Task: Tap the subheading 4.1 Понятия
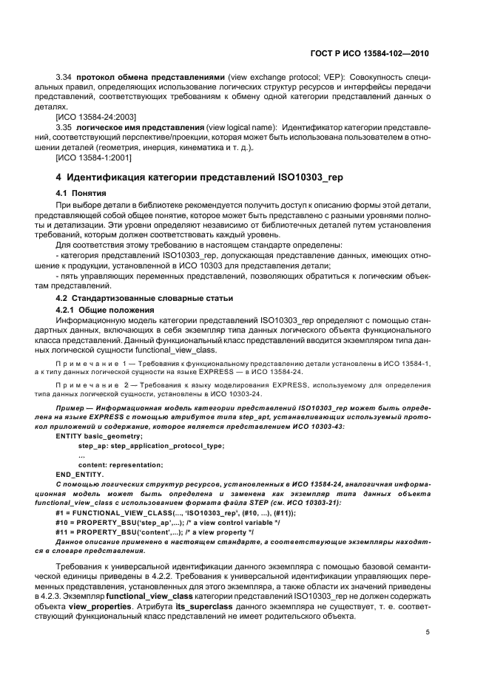point(87,194)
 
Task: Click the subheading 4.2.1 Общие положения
point(104,309)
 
